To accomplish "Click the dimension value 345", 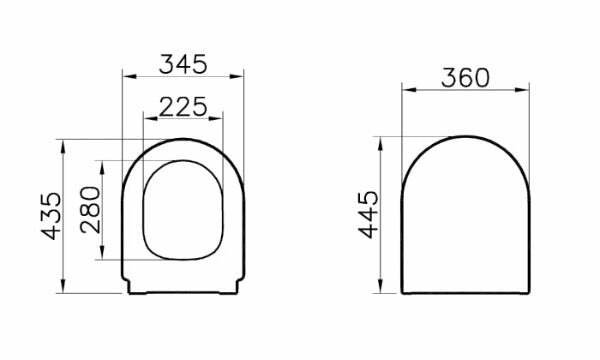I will tap(183, 63).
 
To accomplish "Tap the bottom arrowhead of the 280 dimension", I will tap(105, 257).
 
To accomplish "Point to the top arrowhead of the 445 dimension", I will tap(385, 139).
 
